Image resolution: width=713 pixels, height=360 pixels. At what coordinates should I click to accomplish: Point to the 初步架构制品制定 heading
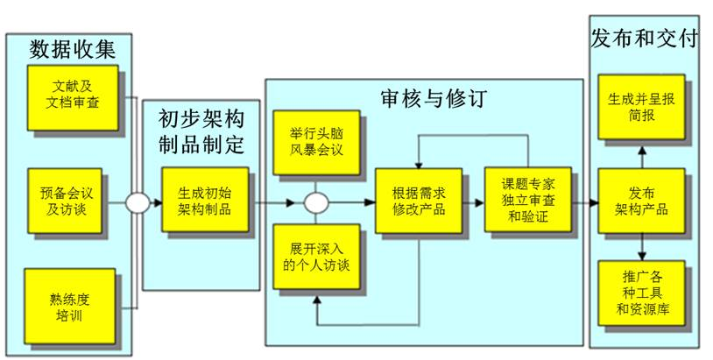pyautogui.click(x=201, y=131)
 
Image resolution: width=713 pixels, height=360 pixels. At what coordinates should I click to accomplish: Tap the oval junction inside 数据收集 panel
pyautogui.click(x=138, y=203)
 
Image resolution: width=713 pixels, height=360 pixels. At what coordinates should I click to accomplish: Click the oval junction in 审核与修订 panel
pyautogui.click(x=315, y=203)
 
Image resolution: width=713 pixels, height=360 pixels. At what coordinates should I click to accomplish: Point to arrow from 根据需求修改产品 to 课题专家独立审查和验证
pyautogui.click(x=474, y=201)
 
